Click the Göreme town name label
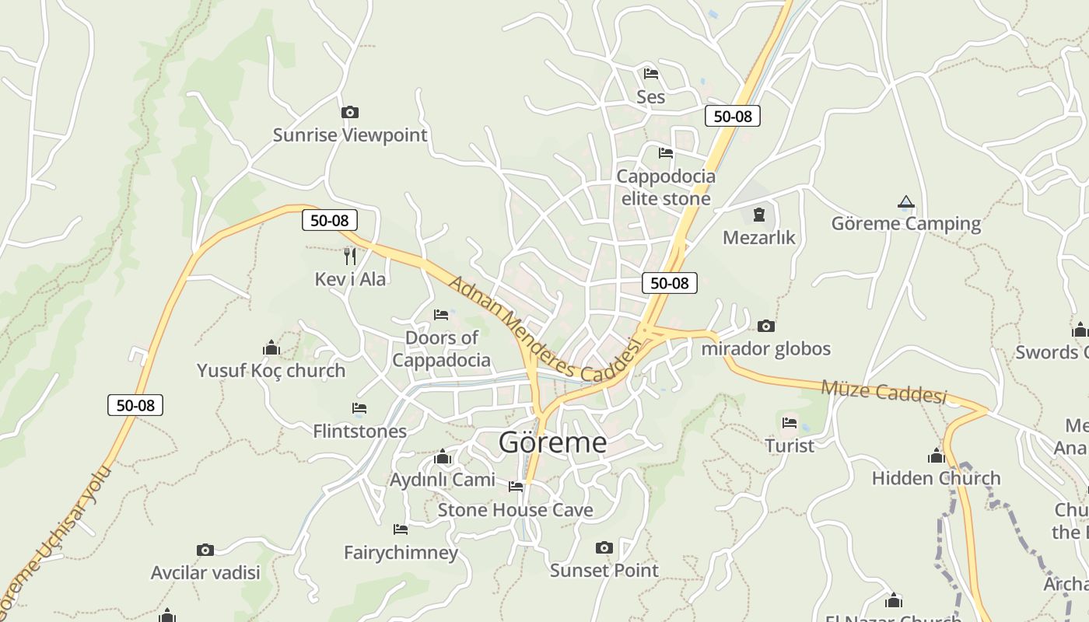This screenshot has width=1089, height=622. coord(552,442)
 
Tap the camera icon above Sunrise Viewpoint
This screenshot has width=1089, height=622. coord(350,113)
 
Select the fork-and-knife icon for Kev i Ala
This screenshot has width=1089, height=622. coord(350,256)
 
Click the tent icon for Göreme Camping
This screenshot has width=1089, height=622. coord(905,202)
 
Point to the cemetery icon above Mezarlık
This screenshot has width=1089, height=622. coord(759,215)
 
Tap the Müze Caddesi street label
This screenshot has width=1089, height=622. coord(883,391)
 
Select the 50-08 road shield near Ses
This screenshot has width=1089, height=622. coord(732,116)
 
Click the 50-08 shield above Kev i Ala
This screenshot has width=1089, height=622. coord(329,220)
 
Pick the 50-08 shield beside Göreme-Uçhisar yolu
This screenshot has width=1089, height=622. coord(135,405)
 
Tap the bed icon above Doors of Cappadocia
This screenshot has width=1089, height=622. coord(441,315)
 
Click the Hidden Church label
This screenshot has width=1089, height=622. coord(936,478)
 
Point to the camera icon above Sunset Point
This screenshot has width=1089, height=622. coord(604,548)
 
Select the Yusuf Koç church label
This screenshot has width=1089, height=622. coord(271,371)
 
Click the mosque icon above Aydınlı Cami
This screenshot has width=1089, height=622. coord(443,456)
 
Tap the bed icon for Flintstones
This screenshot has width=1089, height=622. coord(359,408)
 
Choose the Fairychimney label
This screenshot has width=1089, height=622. coord(401,553)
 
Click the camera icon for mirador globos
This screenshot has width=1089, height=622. coord(766,326)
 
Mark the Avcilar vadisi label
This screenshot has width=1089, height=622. coord(205,573)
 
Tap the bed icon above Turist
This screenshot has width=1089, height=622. coord(790,423)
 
